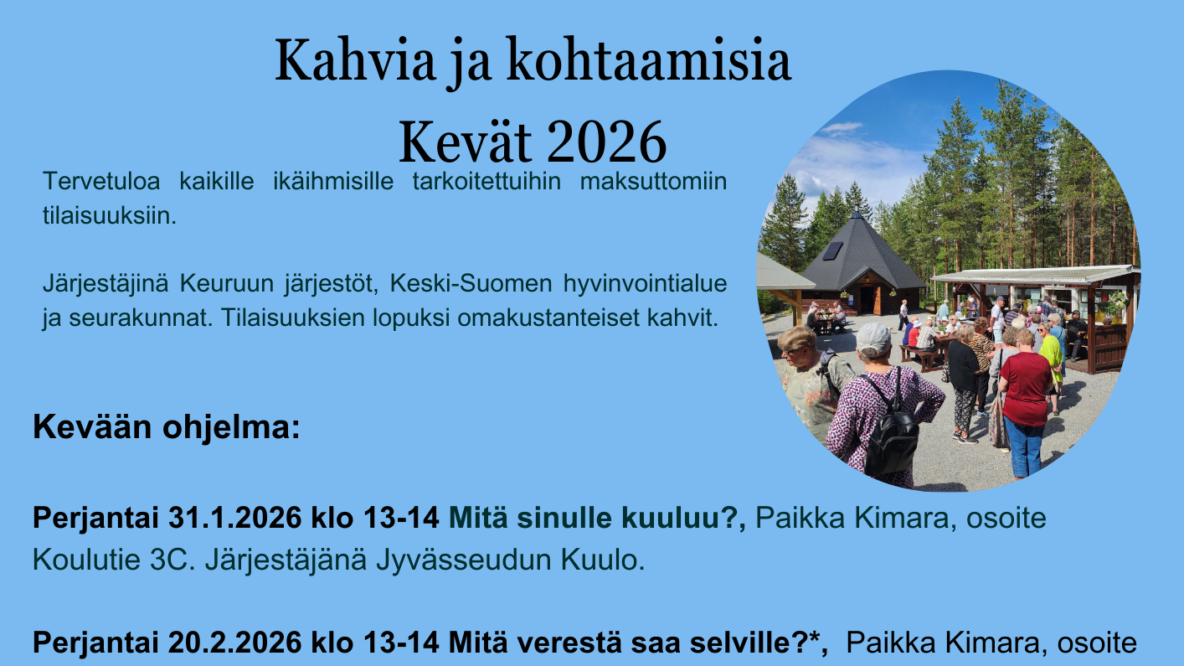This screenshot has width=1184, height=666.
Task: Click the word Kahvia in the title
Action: (x=355, y=59)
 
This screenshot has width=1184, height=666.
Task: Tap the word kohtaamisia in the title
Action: (x=649, y=59)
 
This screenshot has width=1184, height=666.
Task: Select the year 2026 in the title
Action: (x=606, y=142)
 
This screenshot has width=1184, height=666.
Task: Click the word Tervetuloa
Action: (x=101, y=182)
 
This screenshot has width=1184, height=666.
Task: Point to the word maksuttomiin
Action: (x=653, y=182)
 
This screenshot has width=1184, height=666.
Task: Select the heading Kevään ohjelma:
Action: (x=167, y=427)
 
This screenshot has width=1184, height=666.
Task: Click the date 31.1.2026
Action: (x=234, y=518)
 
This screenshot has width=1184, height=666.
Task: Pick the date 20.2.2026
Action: (x=234, y=643)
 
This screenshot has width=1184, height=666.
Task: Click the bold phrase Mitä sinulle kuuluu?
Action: (x=597, y=518)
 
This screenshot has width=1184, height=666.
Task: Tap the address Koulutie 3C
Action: (x=114, y=560)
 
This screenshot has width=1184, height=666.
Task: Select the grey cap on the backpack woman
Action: (x=873, y=340)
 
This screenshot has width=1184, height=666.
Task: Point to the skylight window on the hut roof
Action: (x=832, y=250)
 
